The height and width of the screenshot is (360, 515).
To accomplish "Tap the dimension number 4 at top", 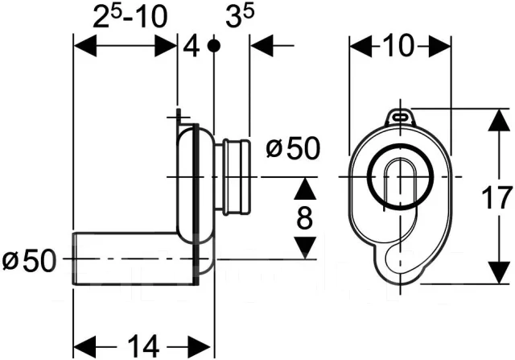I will (x=191, y=46).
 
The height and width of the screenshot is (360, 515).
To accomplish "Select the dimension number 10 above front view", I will (x=400, y=47).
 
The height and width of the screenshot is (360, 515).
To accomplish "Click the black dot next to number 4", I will (x=213, y=46).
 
